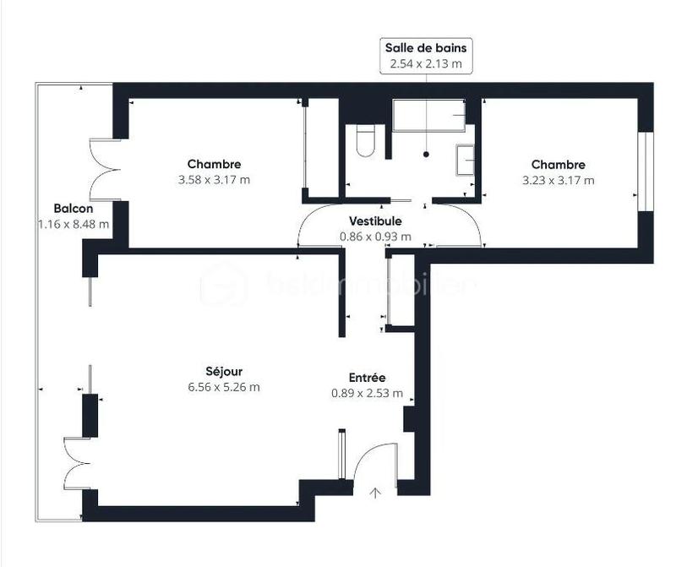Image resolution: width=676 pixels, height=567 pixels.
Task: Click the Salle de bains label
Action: (426, 48)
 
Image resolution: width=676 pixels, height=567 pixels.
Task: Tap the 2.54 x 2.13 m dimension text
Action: (426, 63)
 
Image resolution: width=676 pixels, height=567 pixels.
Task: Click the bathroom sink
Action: (465, 158)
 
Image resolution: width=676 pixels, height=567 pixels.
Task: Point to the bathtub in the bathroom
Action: (428, 114)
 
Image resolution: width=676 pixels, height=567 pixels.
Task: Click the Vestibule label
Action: (376, 221)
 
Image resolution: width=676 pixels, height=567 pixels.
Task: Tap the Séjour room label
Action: (223, 372)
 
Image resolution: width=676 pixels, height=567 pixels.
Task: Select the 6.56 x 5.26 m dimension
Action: (223, 387)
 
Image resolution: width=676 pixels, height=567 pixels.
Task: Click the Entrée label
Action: (368, 378)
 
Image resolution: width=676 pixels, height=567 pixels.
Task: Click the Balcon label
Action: (73, 209)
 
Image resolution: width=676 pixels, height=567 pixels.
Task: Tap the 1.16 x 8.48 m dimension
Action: (73, 224)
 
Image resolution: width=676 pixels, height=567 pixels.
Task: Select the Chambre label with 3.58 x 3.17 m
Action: (214, 164)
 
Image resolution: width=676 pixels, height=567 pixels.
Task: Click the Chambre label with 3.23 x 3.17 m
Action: (558, 164)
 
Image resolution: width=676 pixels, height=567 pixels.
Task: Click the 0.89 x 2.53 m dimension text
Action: (368, 393)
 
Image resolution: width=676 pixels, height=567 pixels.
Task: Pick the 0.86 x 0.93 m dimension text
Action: (376, 237)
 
